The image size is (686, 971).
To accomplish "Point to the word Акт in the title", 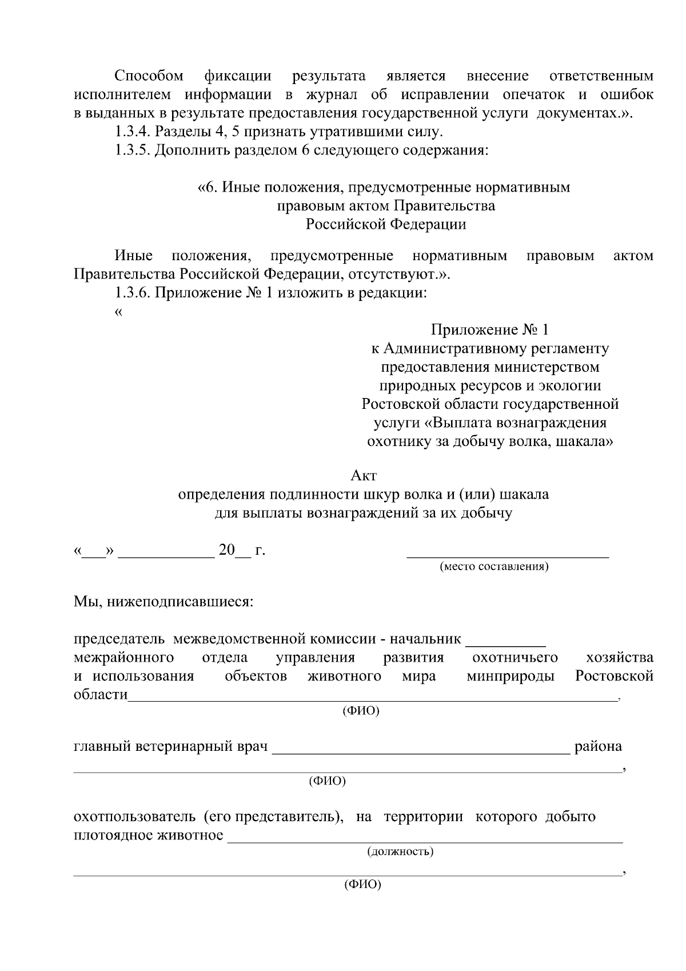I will tap(363, 475).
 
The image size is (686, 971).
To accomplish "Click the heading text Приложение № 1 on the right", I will tap(490, 330).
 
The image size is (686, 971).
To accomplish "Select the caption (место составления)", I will tap(494, 567).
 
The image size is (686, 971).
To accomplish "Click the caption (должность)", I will tap(400, 851).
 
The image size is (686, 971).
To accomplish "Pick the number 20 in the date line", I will tap(226, 550).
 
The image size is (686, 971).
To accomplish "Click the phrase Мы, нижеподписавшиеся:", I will tap(163, 602).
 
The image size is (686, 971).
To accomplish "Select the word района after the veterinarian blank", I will tap(598, 746).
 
